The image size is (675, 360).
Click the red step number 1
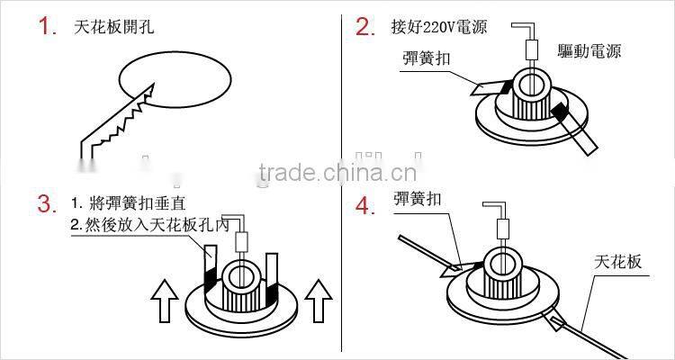point(47,26)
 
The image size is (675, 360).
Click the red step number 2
point(364,26)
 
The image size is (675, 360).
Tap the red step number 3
point(47,203)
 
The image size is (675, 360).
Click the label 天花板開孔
point(113,27)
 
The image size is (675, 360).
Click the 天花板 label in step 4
point(617,262)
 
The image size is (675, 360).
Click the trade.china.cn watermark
point(337,174)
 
